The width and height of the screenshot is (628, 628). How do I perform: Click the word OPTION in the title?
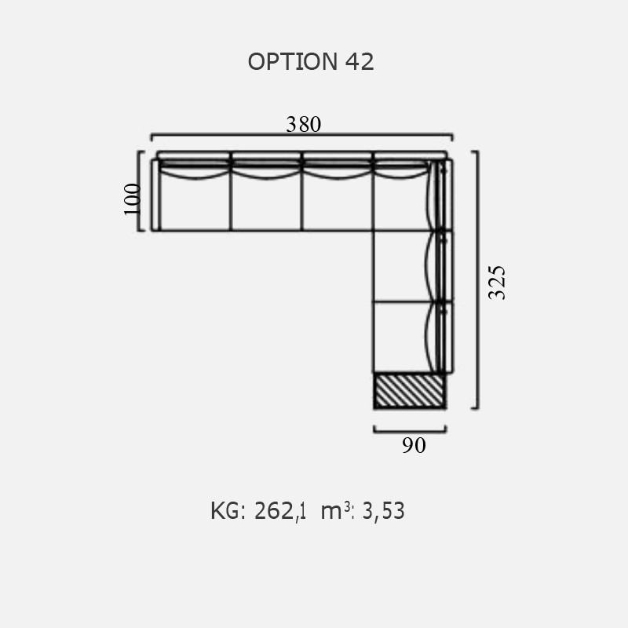pos(293,62)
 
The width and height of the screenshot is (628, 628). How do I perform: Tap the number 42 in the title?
pos(360,62)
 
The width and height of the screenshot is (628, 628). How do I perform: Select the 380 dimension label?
pos(303,124)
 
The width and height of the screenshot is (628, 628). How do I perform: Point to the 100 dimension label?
pos(133,199)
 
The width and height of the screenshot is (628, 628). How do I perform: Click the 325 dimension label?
pos(497,283)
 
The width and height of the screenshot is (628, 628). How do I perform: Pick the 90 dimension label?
pos(414,445)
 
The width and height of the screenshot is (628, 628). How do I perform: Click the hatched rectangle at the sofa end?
pos(409,391)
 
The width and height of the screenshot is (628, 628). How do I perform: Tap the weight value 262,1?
pos(280,511)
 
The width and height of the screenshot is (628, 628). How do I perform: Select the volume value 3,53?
pos(383,511)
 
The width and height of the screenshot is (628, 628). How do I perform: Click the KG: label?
pos(228,511)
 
